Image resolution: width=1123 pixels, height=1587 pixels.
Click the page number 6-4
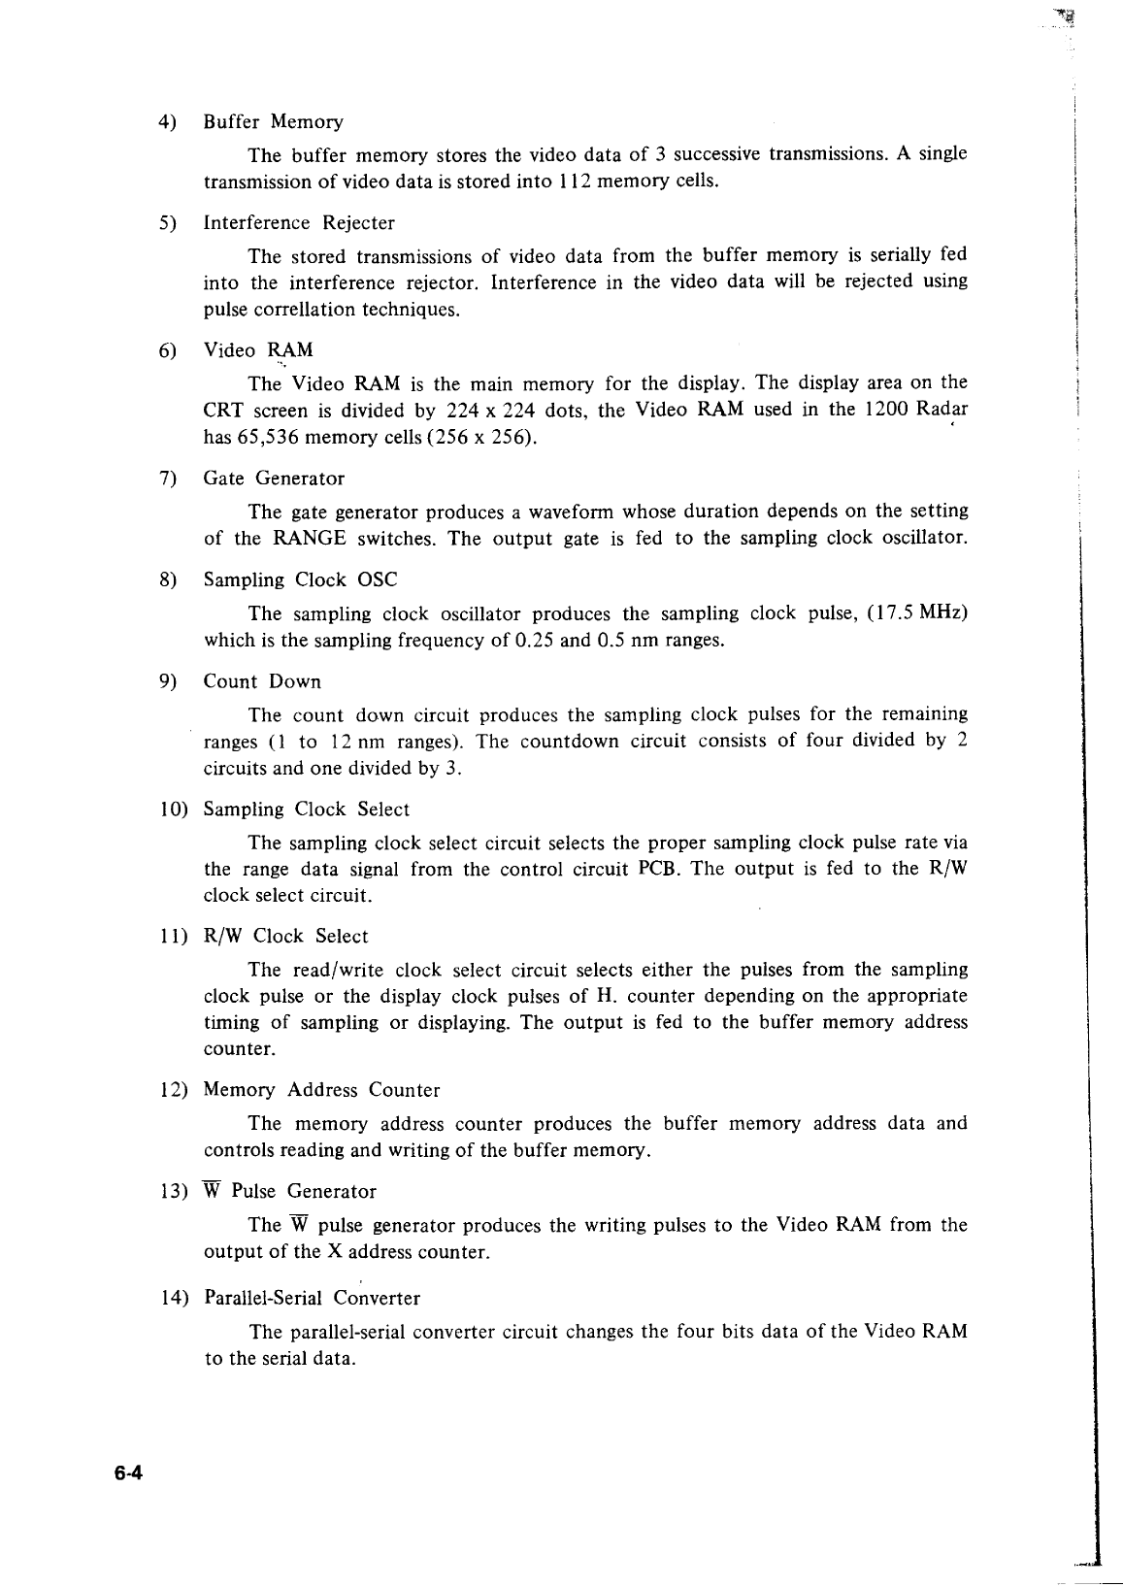tap(127, 1473)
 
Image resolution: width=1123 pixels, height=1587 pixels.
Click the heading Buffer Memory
tap(273, 122)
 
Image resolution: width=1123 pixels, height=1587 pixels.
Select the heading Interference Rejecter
tap(299, 223)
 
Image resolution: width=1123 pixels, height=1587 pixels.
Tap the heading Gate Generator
tap(274, 479)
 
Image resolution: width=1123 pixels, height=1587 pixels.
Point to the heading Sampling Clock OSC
tap(300, 580)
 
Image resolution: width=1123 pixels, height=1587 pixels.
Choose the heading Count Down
tap(262, 681)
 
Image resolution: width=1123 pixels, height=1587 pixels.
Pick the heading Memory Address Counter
tap(321, 1090)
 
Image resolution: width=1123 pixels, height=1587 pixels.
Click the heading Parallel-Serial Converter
tap(312, 1298)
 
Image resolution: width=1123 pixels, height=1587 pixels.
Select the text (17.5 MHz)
tap(918, 613)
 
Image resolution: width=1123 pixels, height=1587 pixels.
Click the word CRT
tap(222, 410)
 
